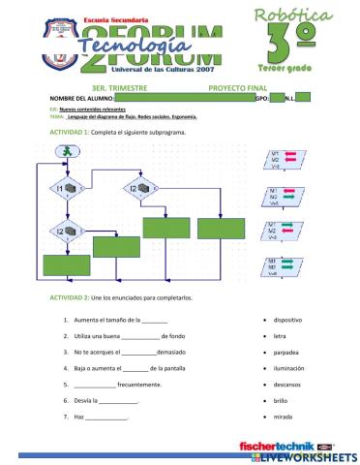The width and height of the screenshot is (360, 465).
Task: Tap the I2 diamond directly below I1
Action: tap(65, 232)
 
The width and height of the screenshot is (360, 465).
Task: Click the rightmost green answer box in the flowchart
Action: tap(223, 229)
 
